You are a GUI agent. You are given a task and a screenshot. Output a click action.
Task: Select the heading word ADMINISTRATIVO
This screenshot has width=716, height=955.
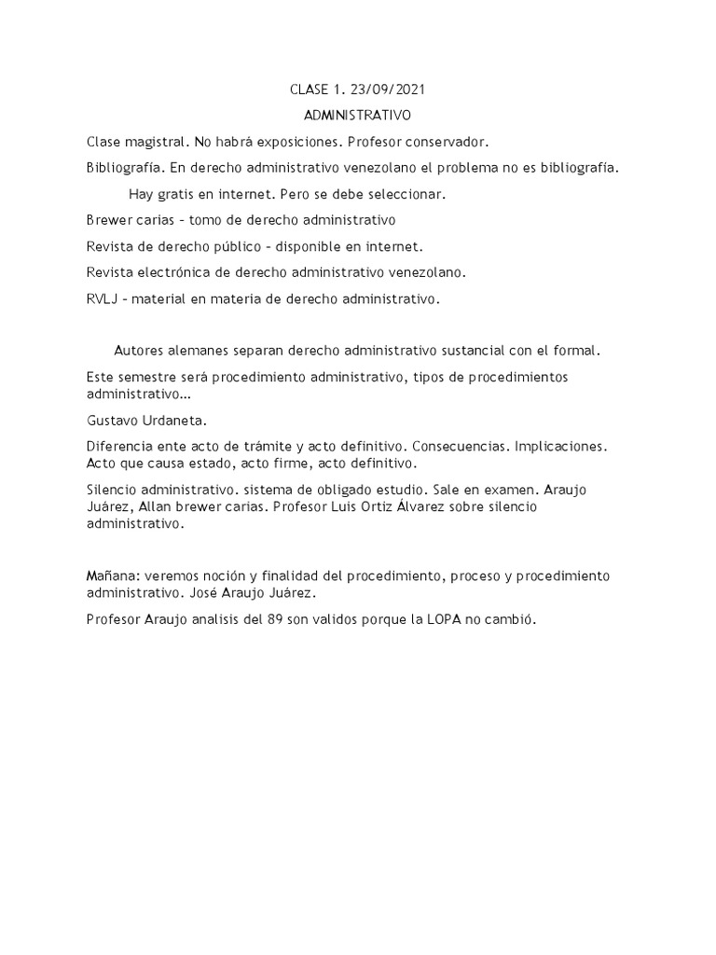click(358, 116)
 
